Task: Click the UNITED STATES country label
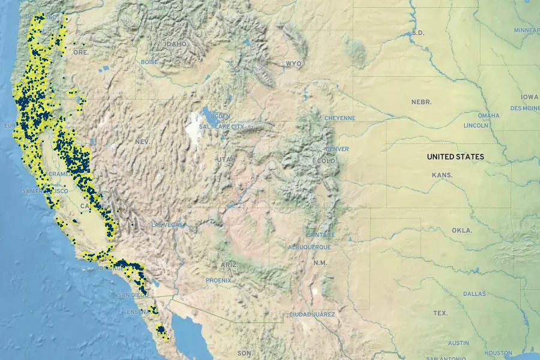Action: pyautogui.click(x=455, y=157)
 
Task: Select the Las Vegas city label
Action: pyautogui.click(x=167, y=225)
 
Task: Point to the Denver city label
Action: pyautogui.click(x=337, y=149)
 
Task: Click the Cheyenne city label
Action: pyautogui.click(x=340, y=118)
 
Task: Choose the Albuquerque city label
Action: pyautogui.click(x=309, y=247)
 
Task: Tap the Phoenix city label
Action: pyautogui.click(x=218, y=280)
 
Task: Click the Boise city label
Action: pyautogui.click(x=149, y=62)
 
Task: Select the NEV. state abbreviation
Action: pyautogui.click(x=142, y=142)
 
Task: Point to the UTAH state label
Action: pyautogui.click(x=226, y=159)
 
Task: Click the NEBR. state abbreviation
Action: pyautogui.click(x=421, y=102)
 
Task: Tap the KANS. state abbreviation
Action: pyautogui.click(x=442, y=175)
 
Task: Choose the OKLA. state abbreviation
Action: pyautogui.click(x=462, y=230)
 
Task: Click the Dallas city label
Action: pyautogui.click(x=475, y=293)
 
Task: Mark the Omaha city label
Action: pyautogui.click(x=488, y=115)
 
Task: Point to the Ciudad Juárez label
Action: pyautogui.click(x=312, y=314)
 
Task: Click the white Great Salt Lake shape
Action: pyautogui.click(x=195, y=126)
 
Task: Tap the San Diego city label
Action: pyautogui.click(x=133, y=295)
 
